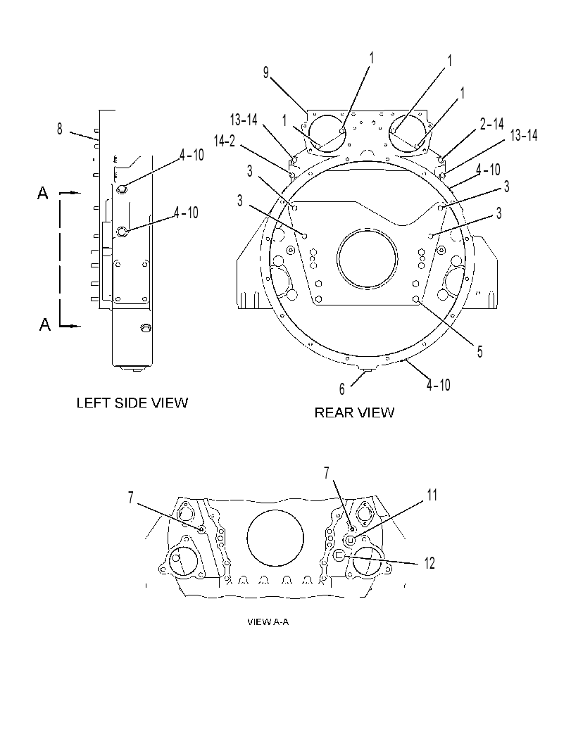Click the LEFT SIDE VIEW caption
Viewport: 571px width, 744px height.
click(x=132, y=403)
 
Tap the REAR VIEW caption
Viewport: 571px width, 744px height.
click(x=355, y=412)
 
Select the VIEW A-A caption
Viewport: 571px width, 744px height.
click(x=268, y=622)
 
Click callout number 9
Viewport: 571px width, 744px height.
click(x=266, y=72)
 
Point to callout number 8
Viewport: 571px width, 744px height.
click(x=59, y=129)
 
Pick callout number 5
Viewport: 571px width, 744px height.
click(x=480, y=352)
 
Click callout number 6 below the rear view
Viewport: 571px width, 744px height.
click(x=341, y=389)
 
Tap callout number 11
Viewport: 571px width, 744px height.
click(x=432, y=495)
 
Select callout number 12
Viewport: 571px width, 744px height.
click(x=429, y=563)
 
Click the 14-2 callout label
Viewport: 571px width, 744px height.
click(x=225, y=141)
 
